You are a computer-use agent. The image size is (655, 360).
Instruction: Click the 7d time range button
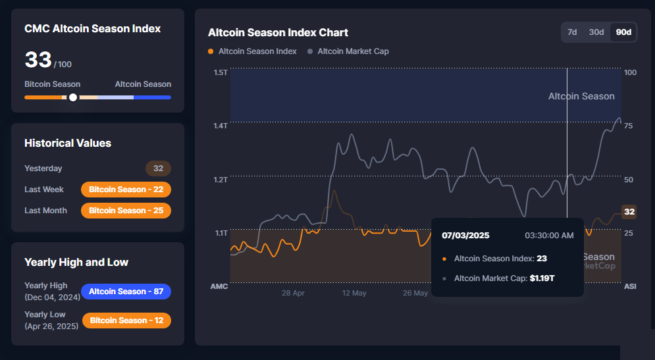pos(572,32)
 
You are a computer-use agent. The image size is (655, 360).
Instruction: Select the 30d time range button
pos(596,32)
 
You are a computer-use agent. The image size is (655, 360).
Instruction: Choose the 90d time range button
pos(623,32)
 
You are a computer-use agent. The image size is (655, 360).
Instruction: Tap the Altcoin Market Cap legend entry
pos(353,51)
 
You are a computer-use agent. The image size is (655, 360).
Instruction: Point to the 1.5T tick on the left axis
pos(220,72)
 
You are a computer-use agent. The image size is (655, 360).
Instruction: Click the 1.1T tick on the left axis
pos(220,233)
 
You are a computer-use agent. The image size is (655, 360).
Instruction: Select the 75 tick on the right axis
pos(630,126)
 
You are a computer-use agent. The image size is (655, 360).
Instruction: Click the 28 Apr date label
pos(293,293)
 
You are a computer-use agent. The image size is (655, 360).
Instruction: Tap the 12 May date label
pos(354,293)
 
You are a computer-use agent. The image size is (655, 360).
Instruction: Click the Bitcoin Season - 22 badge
pos(126,190)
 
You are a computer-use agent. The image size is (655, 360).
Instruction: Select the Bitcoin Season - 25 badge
pos(126,211)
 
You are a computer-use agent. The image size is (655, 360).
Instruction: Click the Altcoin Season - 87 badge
pos(126,292)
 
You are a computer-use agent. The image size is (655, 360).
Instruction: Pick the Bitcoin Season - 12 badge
pos(126,321)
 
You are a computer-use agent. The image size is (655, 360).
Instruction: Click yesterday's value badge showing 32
pos(158,168)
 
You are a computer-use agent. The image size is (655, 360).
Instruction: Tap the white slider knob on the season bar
pos(73,97)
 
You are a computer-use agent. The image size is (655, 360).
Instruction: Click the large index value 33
pos(38,60)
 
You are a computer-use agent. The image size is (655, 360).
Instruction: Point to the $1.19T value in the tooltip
pos(542,278)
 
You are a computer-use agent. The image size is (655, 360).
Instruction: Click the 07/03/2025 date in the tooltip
pos(465,236)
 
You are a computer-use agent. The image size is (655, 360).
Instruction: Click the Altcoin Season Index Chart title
pos(278,32)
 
